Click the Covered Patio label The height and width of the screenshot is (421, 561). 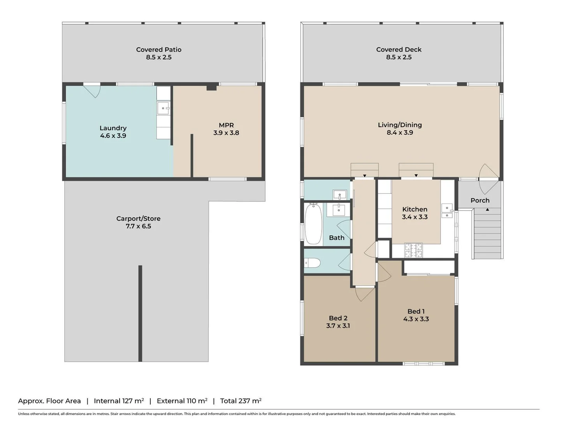click(x=159, y=50)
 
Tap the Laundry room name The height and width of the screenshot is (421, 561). click(x=113, y=128)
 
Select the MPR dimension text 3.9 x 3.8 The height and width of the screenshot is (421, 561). click(x=226, y=133)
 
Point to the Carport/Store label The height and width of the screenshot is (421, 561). click(x=138, y=219)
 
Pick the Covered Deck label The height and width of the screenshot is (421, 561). click(x=399, y=50)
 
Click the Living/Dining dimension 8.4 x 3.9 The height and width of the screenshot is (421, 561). click(x=400, y=133)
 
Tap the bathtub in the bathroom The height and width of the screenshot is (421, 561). click(x=313, y=224)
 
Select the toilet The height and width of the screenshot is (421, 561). click(x=312, y=263)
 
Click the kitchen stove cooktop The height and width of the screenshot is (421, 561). click(x=413, y=251)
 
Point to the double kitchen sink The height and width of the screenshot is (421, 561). click(x=447, y=211)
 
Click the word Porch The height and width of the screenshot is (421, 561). click(x=480, y=200)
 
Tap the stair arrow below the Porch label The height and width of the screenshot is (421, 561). click(x=487, y=210)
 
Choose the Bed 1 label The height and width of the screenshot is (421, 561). click(x=416, y=311)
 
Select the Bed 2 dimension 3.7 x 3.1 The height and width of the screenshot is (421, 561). click(x=338, y=326)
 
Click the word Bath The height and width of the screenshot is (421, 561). click(x=337, y=238)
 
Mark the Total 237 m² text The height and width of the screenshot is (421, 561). click(x=241, y=401)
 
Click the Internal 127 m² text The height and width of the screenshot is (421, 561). click(x=119, y=401)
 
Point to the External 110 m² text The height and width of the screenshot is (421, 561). click(x=182, y=401)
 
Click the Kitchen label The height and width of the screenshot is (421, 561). click(x=415, y=209)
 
